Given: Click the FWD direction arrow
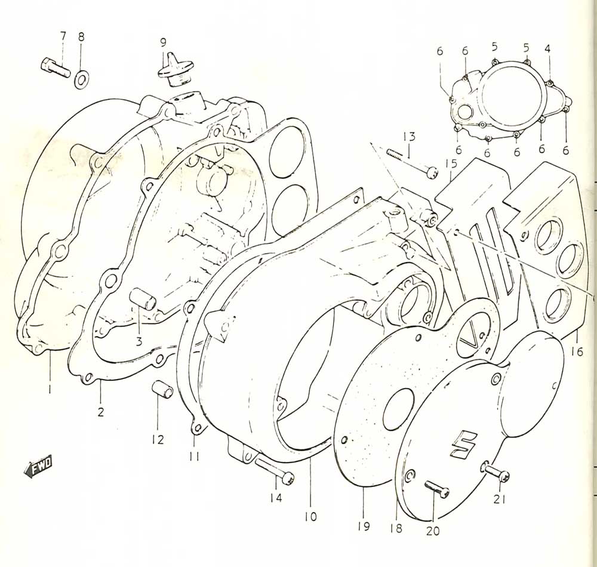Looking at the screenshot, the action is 37,466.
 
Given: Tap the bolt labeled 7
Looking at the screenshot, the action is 55,67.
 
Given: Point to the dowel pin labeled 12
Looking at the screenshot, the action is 162,391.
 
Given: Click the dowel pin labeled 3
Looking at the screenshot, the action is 143,299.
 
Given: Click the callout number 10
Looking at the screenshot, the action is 310,517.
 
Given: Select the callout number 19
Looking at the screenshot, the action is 364,526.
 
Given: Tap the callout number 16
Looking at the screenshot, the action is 577,352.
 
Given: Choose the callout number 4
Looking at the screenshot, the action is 547,48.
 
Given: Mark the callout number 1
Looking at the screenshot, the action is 50,389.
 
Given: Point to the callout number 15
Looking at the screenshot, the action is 451,164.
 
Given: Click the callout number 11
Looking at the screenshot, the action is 195,455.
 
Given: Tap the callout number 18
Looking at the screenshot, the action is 396,528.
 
